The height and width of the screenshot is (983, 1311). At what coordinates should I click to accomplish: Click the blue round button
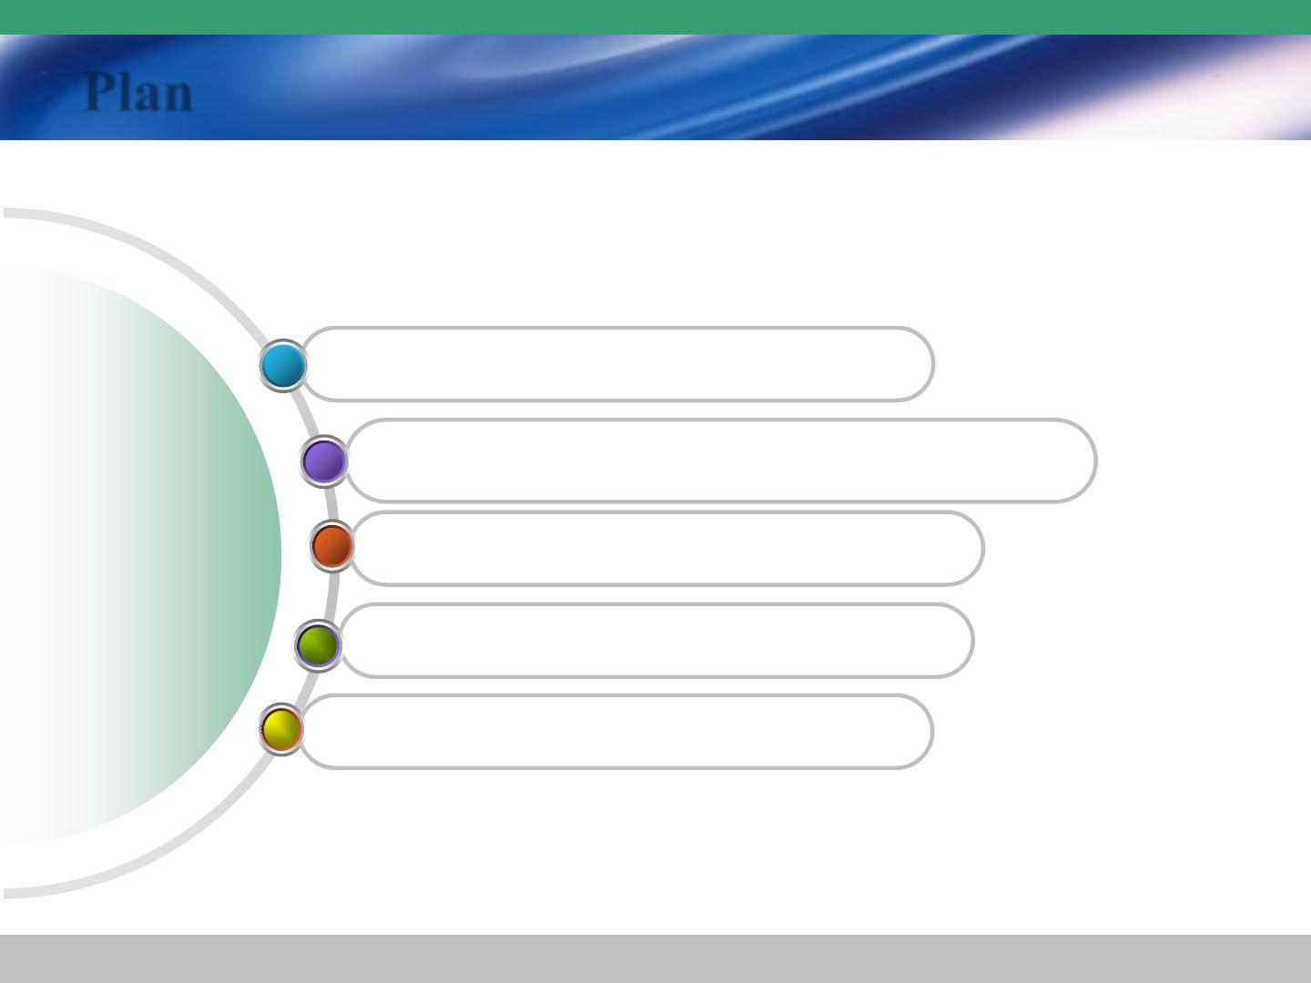[283, 365]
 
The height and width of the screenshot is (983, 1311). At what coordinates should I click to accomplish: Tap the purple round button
[324, 461]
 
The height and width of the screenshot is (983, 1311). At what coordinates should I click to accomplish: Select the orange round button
[332, 546]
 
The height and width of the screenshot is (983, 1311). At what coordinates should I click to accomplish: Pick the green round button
[318, 646]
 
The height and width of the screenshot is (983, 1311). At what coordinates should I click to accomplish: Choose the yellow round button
[281, 729]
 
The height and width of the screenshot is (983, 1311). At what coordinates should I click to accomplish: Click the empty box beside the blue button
[617, 364]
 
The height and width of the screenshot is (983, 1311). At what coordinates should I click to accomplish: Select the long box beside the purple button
[721, 461]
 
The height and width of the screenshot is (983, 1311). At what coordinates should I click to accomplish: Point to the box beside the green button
[656, 641]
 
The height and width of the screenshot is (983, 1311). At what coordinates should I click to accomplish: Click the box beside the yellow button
[616, 732]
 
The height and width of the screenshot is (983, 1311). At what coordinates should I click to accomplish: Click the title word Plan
[138, 92]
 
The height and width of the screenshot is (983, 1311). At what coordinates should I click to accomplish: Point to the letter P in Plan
[99, 91]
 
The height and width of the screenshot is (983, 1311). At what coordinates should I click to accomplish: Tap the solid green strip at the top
[655, 17]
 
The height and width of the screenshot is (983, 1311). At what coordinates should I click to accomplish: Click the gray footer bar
[655, 958]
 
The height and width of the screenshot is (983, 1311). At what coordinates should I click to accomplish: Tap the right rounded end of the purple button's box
[1095, 461]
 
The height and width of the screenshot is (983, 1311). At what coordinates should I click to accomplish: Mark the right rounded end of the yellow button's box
[932, 732]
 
